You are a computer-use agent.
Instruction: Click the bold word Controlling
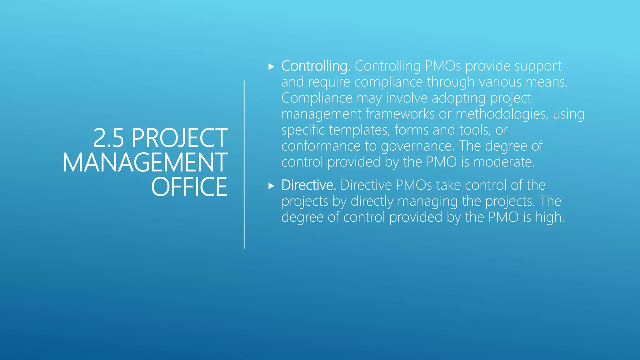pyautogui.click(x=316, y=66)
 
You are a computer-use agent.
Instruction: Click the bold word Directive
pyautogui.click(x=308, y=185)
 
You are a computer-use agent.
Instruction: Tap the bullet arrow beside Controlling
pyautogui.click(x=271, y=67)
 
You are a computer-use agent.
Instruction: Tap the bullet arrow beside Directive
pyautogui.click(x=271, y=186)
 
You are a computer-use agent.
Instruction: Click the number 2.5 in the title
pyautogui.click(x=108, y=138)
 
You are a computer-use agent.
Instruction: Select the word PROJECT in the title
pyautogui.click(x=179, y=138)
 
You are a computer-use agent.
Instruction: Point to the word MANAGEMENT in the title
pyautogui.click(x=145, y=162)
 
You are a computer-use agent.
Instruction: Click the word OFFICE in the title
pyautogui.click(x=189, y=187)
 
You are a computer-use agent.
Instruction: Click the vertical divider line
pyautogui.click(x=244, y=164)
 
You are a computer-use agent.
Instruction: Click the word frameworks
pyautogui.click(x=400, y=114)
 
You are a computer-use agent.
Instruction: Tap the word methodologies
pyautogui.click(x=502, y=114)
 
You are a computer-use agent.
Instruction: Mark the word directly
pyautogui.click(x=372, y=202)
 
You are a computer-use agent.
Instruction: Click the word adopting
pyautogui.click(x=459, y=98)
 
